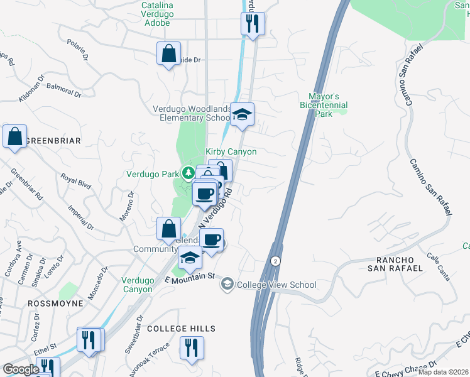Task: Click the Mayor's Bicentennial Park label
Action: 324,105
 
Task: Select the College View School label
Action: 276,285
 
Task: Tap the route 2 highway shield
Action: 275,260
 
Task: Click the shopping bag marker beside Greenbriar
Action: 14,136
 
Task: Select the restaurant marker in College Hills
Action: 191,347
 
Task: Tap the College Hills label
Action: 181,329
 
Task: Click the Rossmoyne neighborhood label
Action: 52,303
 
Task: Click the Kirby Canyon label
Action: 231,152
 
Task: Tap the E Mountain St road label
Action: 190,277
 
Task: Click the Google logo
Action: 21,369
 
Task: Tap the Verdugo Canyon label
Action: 138,285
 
